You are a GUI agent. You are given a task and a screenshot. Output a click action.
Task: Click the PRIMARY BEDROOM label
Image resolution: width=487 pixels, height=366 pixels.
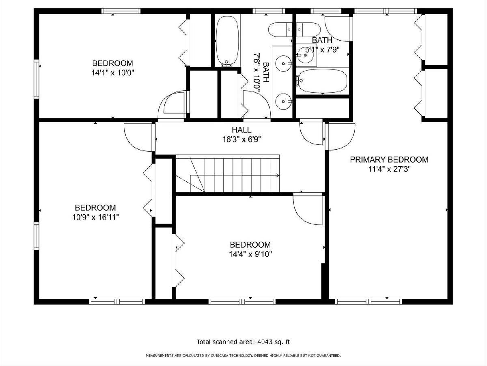389,159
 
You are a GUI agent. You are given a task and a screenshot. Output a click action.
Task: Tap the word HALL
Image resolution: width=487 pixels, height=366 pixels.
241,130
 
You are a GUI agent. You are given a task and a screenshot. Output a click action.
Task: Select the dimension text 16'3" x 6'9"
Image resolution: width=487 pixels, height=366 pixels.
241,139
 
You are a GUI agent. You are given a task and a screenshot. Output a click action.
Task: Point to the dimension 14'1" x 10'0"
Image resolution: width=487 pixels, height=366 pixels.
113,73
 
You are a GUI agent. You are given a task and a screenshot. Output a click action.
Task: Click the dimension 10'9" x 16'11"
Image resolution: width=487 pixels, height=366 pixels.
95,217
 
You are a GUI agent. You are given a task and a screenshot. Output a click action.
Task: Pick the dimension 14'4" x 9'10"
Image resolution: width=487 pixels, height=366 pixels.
250,254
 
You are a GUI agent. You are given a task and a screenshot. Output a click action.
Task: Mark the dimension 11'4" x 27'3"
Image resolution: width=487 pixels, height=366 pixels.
389,169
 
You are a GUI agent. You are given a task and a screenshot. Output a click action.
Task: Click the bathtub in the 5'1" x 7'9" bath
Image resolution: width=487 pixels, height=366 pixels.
322,81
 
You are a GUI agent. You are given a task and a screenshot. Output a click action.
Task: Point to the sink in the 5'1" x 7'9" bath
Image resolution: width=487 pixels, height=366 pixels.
305,55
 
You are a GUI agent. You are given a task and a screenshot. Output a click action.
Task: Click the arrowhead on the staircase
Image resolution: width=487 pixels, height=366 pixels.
277,175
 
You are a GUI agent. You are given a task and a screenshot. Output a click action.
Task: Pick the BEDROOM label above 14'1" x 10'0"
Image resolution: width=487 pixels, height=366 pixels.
113,63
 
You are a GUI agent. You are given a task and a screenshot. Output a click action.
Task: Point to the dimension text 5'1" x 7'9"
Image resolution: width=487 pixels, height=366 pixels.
322,50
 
